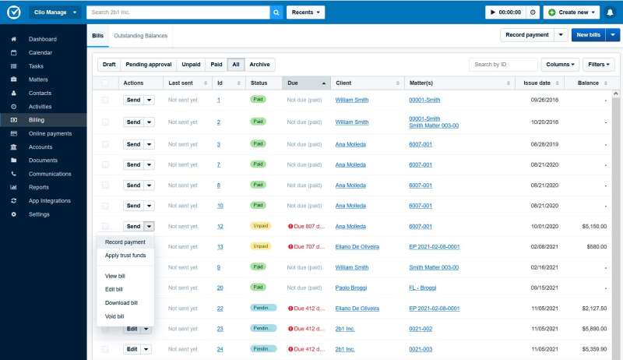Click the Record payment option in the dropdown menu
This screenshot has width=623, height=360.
coord(125,242)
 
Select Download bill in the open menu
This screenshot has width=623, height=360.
coord(121,302)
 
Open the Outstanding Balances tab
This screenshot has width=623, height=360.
coord(140,36)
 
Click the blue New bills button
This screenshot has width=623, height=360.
coord(587,35)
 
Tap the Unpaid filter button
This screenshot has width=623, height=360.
coord(190,65)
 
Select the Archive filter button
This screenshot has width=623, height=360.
coord(259,65)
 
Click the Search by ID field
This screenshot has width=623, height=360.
coord(503,65)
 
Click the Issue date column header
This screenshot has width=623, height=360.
coord(537,83)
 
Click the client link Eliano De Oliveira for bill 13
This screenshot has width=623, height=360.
coord(357,246)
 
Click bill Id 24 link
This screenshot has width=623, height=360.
coord(220,349)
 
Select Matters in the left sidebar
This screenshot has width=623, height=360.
coord(39,79)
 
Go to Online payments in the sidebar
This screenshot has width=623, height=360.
coord(50,133)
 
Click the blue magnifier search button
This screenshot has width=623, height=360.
coord(276,12)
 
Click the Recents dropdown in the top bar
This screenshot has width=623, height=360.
coord(305,12)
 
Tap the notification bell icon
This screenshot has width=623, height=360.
coord(610,12)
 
